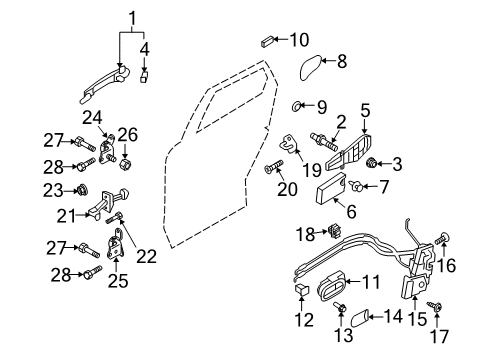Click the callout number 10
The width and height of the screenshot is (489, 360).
(299, 40)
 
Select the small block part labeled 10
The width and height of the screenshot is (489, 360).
(267, 42)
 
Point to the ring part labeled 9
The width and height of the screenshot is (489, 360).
(296, 107)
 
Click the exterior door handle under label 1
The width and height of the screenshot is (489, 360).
(105, 83)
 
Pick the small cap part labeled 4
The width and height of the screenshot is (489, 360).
(144, 77)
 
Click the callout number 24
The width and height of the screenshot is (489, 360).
(92, 118)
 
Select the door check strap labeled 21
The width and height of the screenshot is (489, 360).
(108, 202)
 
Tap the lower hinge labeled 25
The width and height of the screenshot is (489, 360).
(115, 244)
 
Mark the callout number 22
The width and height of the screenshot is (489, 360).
(146, 256)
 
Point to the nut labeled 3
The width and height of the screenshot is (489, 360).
(371, 163)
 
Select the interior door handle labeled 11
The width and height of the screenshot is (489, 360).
(331, 287)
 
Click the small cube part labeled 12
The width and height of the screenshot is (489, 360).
(301, 289)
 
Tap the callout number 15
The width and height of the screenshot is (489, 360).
(417, 319)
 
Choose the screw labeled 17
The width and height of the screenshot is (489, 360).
(435, 306)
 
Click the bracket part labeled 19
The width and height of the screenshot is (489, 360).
(289, 144)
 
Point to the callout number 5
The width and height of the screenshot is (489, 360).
(365, 110)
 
